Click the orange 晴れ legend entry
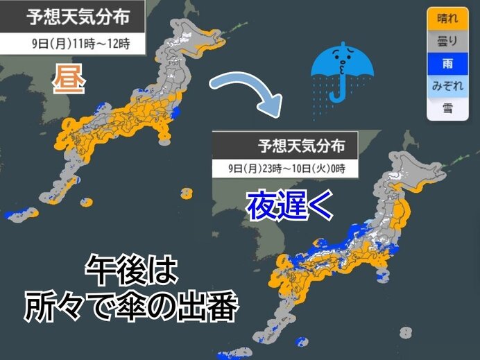[x=447, y=19]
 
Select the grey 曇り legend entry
[x=447, y=42]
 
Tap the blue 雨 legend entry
[x=447, y=64]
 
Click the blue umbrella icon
[x=343, y=69]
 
